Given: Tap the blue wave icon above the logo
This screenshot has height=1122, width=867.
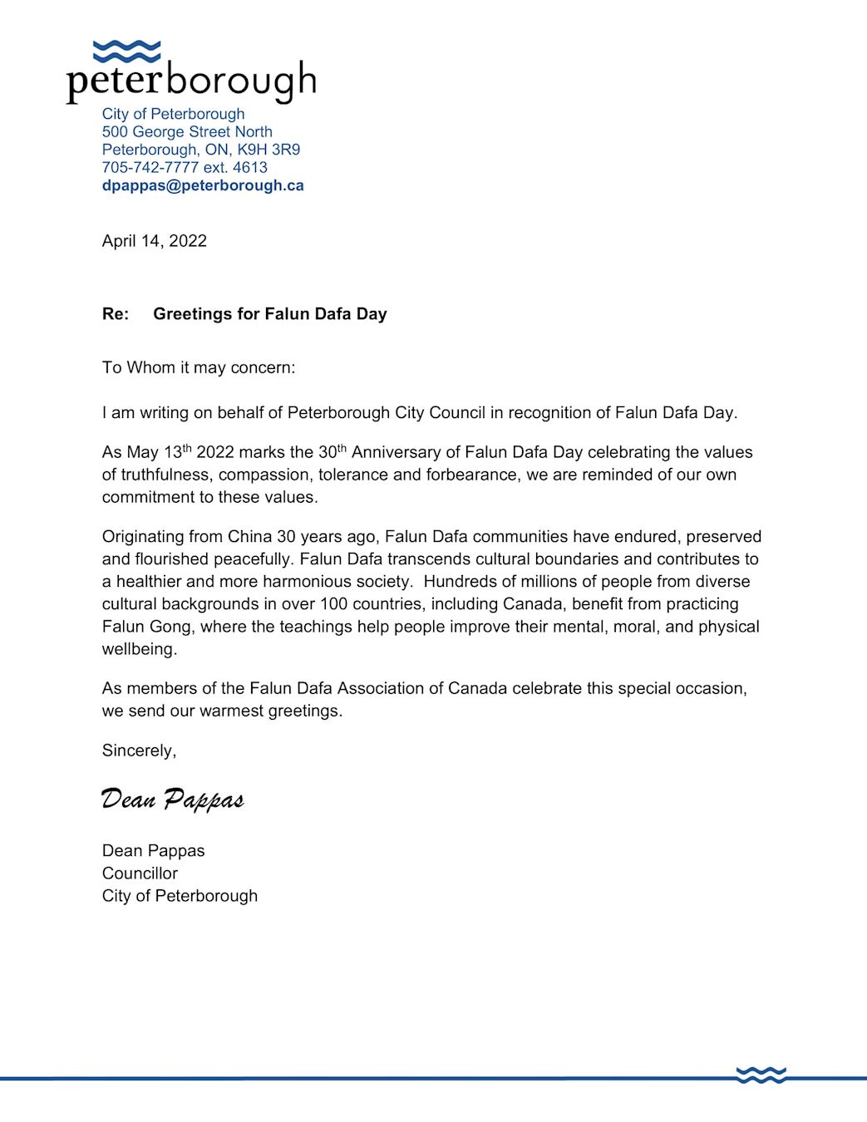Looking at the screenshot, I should click(x=126, y=52).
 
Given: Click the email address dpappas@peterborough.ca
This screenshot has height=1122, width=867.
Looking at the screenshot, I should click(x=203, y=185).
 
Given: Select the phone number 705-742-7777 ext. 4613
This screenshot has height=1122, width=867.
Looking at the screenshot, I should click(x=185, y=167).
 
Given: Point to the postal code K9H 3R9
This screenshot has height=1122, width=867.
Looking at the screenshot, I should click(x=268, y=150).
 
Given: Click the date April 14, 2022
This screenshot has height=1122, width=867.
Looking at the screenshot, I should click(x=155, y=241).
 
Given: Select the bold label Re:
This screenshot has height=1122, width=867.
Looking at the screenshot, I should click(x=116, y=314).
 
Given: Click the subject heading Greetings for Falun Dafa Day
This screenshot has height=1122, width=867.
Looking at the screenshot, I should click(x=270, y=314).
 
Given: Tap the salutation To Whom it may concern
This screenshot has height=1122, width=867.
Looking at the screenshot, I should click(x=199, y=367).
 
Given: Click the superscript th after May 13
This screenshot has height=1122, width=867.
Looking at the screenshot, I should click(x=187, y=449).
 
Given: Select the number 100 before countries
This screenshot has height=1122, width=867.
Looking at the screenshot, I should click(x=333, y=604).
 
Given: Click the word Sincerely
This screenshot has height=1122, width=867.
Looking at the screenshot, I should click(x=139, y=750).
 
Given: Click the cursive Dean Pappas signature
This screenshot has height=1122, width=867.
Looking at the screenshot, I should click(x=172, y=800).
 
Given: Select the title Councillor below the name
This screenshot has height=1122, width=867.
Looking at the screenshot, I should click(x=140, y=873).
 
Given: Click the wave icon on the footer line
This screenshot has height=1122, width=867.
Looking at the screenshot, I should click(x=761, y=1075).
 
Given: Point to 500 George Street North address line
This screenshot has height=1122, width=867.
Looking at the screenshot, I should click(x=187, y=132).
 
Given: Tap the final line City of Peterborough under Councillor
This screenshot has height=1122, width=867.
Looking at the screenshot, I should click(x=180, y=896).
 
